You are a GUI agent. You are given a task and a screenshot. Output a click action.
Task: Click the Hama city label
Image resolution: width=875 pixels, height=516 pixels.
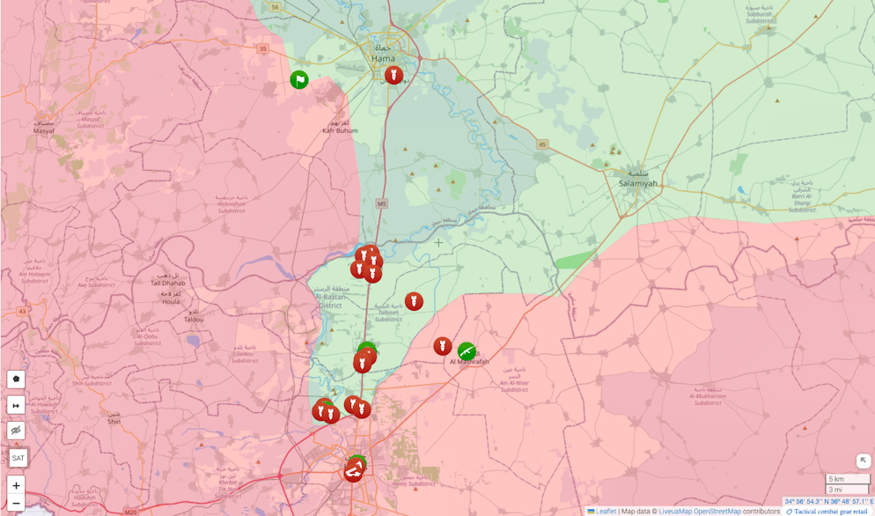[383, 58]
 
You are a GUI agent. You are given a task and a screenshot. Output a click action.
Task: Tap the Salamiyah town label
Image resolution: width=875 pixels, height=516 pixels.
[637, 182]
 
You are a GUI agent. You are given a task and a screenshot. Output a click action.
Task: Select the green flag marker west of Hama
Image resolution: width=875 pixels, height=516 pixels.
[299, 80]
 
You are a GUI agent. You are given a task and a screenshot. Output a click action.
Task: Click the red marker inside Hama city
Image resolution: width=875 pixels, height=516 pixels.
[393, 76]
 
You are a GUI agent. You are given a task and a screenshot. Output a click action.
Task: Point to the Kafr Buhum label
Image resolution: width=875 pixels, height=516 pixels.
[340, 130]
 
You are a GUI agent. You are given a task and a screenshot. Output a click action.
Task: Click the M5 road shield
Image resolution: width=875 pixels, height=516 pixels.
[381, 203]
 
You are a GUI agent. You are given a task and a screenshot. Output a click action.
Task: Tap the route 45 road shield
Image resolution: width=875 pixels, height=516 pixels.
[542, 144]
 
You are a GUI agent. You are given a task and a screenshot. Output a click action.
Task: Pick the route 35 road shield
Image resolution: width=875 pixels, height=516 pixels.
[262, 48]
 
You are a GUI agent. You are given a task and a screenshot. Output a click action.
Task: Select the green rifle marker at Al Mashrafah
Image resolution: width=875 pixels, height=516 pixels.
[467, 351]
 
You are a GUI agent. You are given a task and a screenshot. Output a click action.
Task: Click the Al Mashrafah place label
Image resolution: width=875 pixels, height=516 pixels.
[468, 362]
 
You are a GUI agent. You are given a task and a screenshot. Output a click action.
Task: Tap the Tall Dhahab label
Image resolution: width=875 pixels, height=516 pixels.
[167, 283]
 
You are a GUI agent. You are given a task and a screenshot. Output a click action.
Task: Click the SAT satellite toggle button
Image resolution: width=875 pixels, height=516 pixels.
[18, 458]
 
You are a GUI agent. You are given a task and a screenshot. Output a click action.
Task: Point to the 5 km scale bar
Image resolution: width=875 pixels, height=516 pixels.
[847, 479]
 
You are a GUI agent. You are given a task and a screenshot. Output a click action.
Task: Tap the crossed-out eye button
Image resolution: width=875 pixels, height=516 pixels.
[16, 431]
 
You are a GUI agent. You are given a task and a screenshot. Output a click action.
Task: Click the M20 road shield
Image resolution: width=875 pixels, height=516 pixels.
[131, 512]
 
